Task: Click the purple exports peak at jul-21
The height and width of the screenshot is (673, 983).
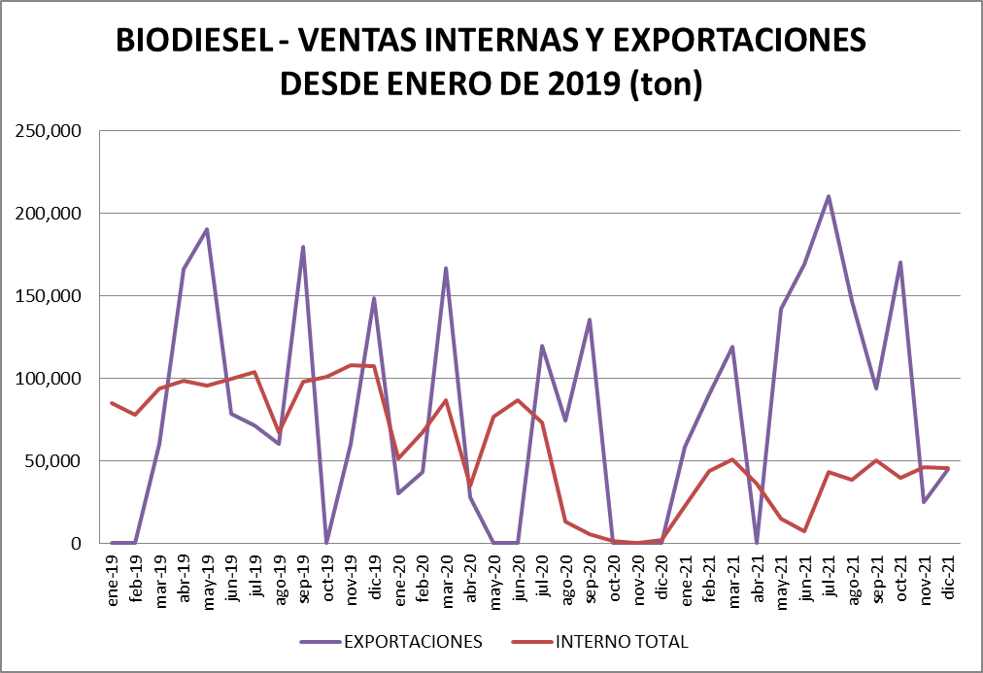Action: click(829, 196)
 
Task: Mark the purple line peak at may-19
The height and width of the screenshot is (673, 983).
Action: click(207, 229)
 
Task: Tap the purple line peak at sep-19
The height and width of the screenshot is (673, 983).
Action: click(303, 247)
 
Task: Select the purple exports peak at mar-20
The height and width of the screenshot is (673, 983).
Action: click(446, 268)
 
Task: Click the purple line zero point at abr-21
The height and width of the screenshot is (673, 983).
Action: click(757, 543)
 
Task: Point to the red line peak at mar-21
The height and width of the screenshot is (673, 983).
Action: click(732, 459)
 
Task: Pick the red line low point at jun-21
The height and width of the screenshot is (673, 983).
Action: click(804, 531)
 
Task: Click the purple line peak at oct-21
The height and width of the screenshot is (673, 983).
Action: click(900, 262)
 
